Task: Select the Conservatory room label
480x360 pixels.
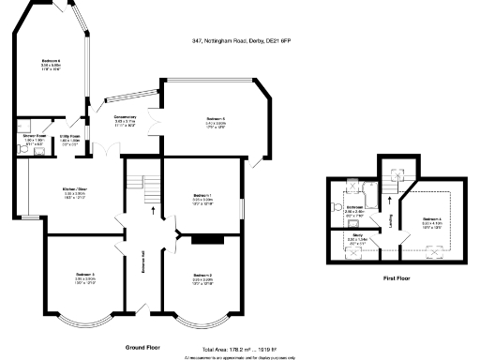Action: tap(125, 119)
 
